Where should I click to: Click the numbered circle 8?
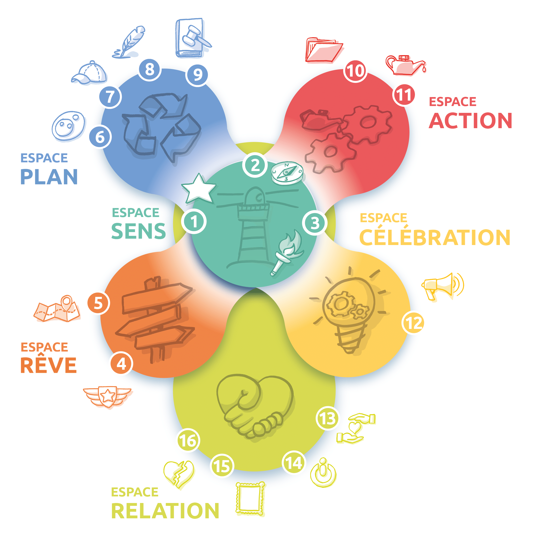(x=150, y=69)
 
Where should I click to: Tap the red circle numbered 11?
(x=404, y=95)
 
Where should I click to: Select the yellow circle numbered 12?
(x=413, y=323)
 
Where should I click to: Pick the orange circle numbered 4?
(x=121, y=364)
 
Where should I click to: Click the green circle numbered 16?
(x=188, y=441)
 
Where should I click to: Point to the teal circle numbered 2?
(x=255, y=165)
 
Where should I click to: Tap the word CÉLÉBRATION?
(x=435, y=237)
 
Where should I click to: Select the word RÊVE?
(x=48, y=365)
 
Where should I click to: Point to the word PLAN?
(x=49, y=177)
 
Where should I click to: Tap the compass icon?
(x=287, y=172)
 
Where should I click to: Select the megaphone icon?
(x=442, y=286)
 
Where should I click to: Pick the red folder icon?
(x=323, y=50)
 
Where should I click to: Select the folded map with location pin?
(x=57, y=309)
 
